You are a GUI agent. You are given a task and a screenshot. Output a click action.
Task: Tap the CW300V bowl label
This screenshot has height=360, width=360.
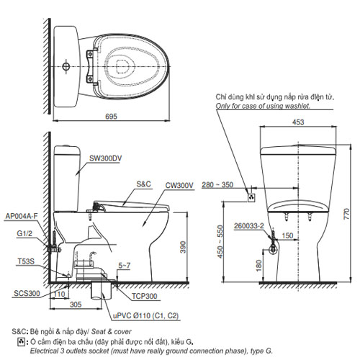tap(179, 186)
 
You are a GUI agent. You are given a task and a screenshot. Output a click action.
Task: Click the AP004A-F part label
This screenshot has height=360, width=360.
tap(19, 215)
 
